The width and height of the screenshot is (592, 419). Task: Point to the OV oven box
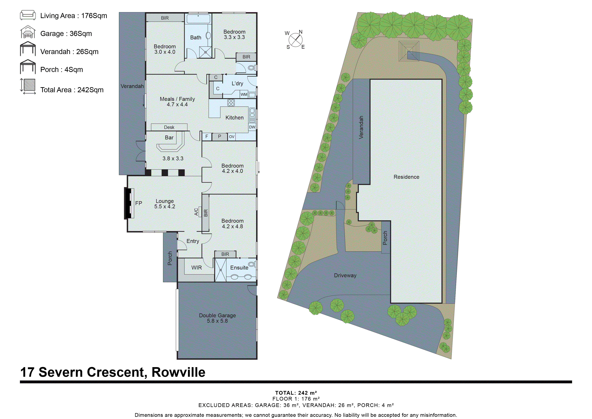coord(232,137)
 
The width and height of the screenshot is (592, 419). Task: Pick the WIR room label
coord(196,268)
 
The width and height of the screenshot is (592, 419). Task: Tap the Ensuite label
coord(239,268)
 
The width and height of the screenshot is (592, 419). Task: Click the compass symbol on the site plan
coord(295,40)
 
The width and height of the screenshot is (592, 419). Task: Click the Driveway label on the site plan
coord(345,275)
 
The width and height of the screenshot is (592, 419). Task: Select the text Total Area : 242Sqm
coord(72,90)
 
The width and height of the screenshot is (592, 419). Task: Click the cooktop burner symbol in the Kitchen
coord(231,103)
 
